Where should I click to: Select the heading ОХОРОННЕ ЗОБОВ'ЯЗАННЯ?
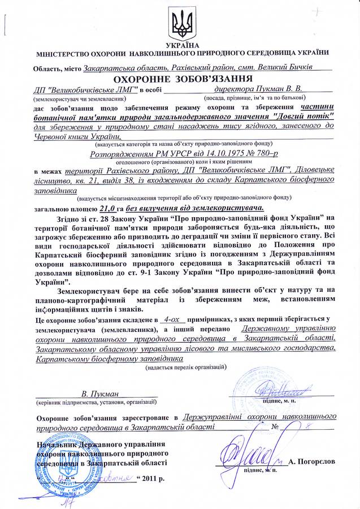pos(179,78)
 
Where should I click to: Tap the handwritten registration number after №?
pos(307,425)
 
